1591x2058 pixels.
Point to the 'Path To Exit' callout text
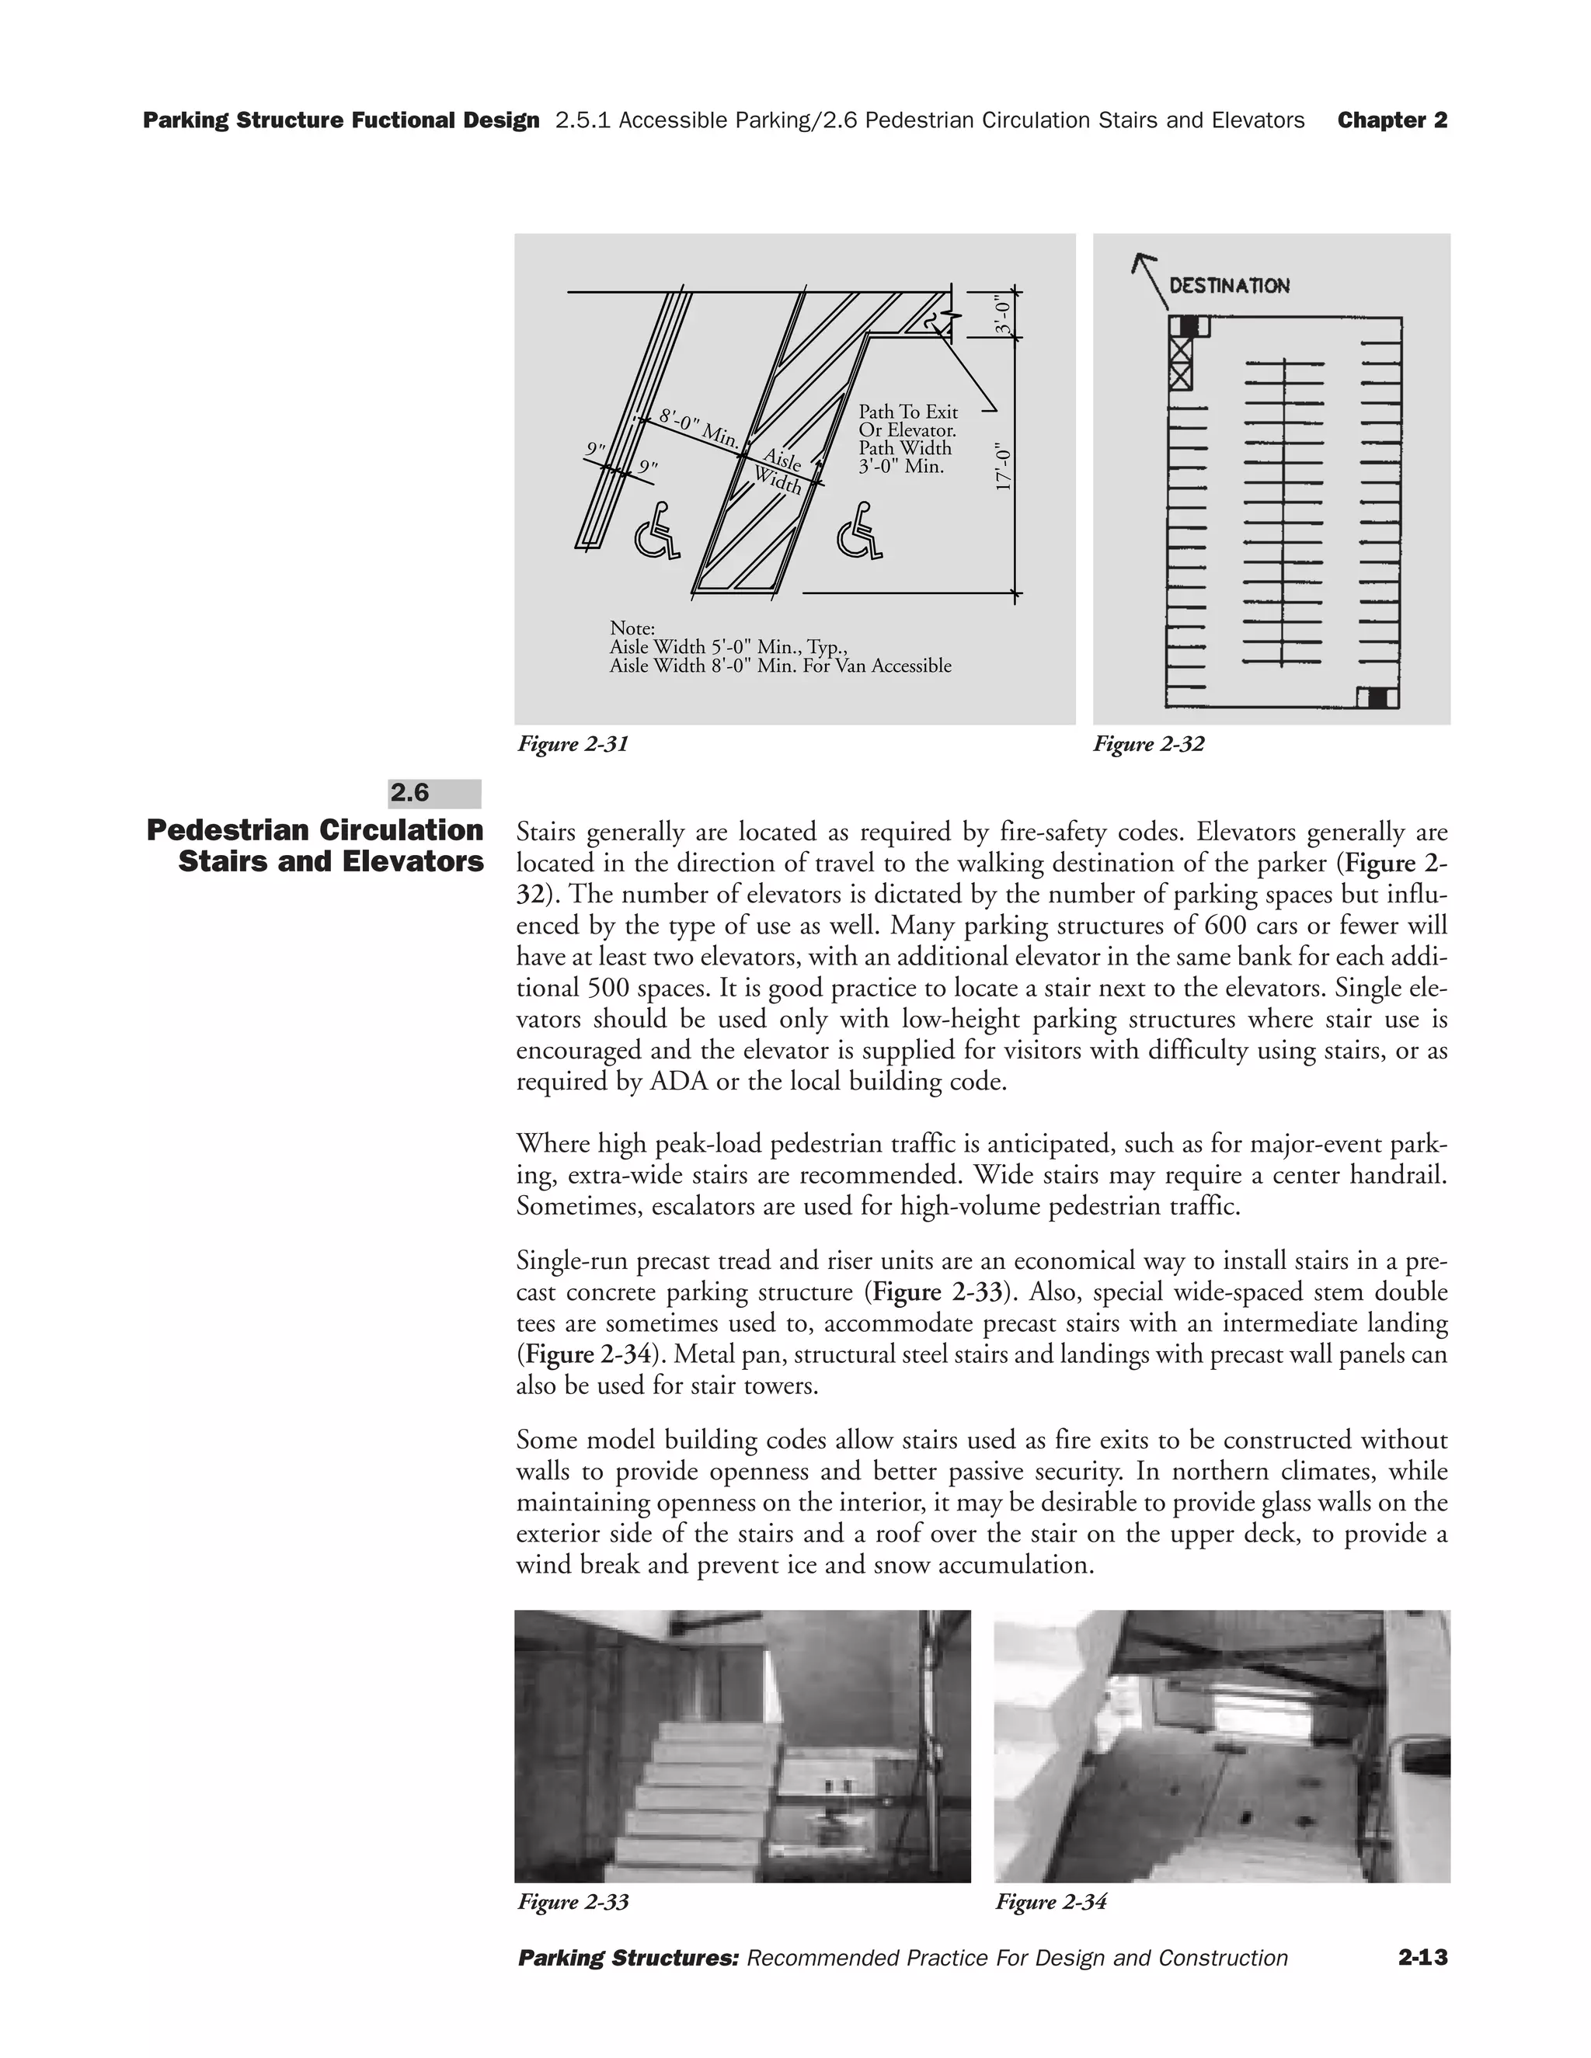click(907, 412)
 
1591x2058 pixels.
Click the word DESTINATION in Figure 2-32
click(1229, 286)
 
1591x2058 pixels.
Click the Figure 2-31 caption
click(573, 745)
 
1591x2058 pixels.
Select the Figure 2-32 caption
click(1148, 745)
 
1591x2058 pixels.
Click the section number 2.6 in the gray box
click(410, 794)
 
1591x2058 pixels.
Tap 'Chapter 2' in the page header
click(1392, 120)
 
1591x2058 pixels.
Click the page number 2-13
click(1422, 1958)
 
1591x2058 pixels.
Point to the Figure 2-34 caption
click(1051, 1902)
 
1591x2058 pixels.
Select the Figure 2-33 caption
click(573, 1902)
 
